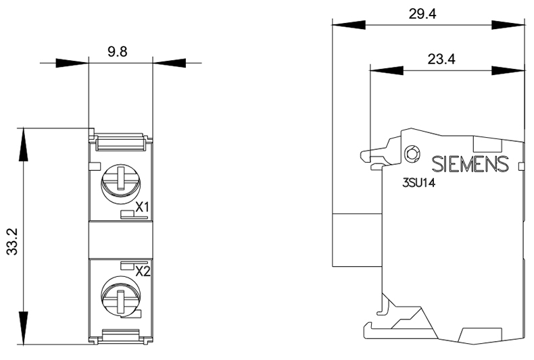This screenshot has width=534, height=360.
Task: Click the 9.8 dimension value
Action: (x=117, y=52)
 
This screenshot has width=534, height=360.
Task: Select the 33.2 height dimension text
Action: (x=13, y=242)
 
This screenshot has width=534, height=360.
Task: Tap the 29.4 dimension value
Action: (x=422, y=14)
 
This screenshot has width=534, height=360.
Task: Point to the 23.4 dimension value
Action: (x=441, y=59)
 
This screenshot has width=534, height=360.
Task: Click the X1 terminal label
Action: (x=143, y=207)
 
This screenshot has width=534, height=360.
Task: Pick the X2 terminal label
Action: (x=143, y=272)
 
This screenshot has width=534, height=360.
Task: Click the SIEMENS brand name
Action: (x=470, y=164)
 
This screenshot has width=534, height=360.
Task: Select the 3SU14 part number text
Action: (x=419, y=183)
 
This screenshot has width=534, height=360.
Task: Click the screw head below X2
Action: (x=121, y=297)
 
